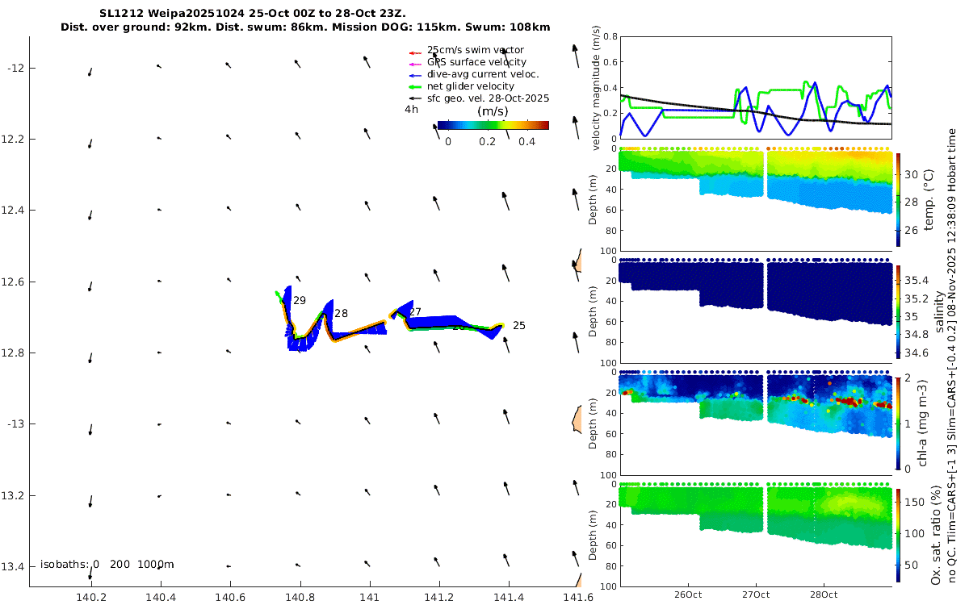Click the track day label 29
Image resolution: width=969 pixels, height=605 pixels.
pyautogui.click(x=300, y=301)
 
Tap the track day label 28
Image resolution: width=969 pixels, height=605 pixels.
pyautogui.click(x=341, y=313)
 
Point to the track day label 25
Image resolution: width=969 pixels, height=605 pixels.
pyautogui.click(x=519, y=326)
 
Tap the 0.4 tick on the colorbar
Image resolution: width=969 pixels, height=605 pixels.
pyautogui.click(x=527, y=141)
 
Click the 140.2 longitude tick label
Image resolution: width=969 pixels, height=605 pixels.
pyautogui.click(x=90, y=597)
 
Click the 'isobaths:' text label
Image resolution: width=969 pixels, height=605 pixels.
pyautogui.click(x=65, y=564)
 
